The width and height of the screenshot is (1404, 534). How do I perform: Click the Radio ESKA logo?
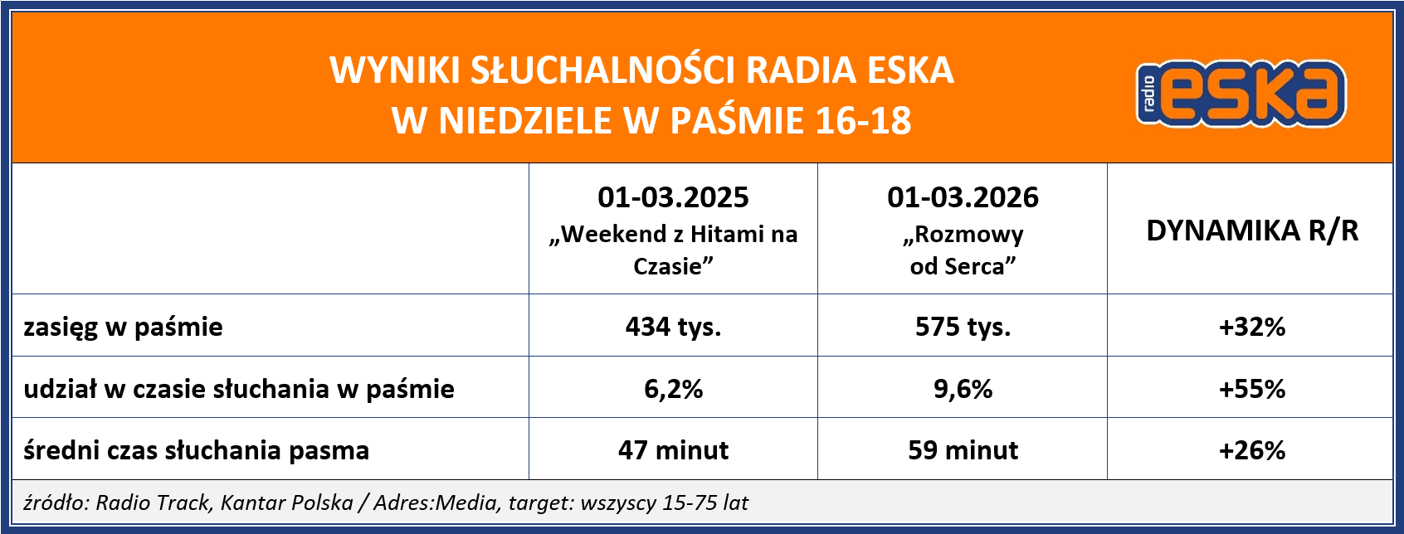click(x=1241, y=94)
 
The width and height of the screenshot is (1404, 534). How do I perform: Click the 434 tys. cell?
click(x=673, y=327)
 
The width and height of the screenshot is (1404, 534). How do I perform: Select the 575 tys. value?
click(x=963, y=327)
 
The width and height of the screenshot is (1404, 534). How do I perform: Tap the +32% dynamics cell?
click(x=1251, y=327)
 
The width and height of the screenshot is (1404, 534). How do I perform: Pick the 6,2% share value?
click(x=673, y=389)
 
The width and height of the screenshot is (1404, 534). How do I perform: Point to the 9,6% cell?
click(x=963, y=389)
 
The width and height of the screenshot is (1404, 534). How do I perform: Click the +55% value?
click(x=1251, y=389)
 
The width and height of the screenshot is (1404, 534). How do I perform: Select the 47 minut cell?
click(x=673, y=450)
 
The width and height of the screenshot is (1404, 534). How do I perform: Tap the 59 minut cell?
click(x=963, y=450)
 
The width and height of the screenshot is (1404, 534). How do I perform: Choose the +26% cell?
click(x=1251, y=450)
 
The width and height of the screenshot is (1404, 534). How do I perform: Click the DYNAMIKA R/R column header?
click(x=1251, y=231)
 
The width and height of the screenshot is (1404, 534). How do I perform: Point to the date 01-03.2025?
click(x=673, y=197)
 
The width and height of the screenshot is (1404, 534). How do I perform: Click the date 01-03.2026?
click(x=963, y=197)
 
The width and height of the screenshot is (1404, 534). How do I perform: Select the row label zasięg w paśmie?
click(x=123, y=327)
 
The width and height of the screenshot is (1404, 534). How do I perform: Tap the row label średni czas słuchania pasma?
click(x=196, y=450)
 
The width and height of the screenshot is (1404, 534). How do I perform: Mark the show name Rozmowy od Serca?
click(x=963, y=250)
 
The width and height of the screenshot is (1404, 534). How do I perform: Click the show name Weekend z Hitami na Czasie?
click(x=673, y=250)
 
